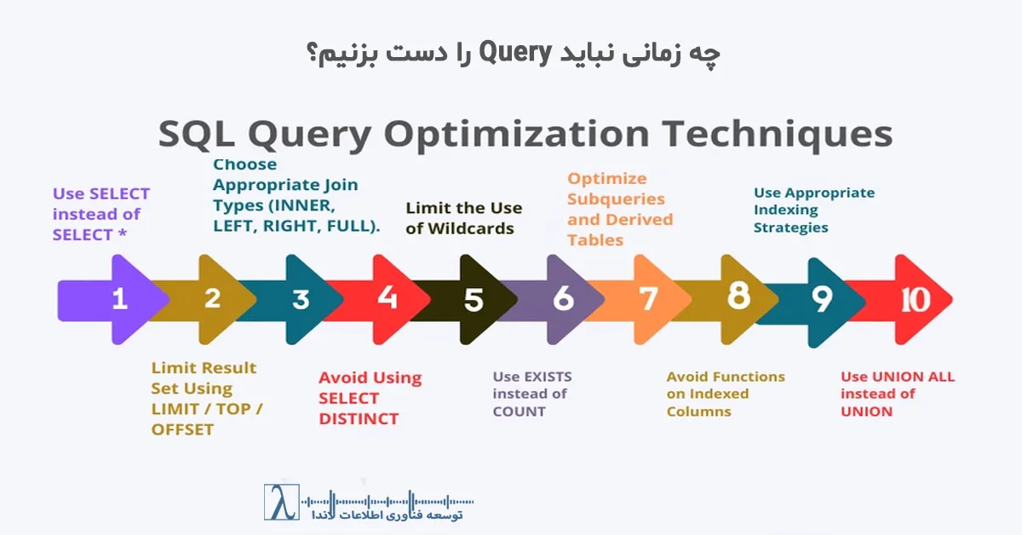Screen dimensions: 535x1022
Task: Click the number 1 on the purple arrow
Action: click(119, 299)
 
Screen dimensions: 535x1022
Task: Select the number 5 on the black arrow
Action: click(474, 300)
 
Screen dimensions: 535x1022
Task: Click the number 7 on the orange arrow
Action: click(649, 299)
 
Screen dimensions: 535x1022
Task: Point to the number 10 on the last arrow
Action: click(916, 299)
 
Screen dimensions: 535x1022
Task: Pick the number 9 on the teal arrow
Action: click(821, 299)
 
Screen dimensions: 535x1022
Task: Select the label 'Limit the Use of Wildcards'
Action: click(463, 218)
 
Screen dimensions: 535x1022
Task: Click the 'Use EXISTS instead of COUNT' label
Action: click(532, 394)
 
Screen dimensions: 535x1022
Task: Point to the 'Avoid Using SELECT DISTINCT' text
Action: click(370, 398)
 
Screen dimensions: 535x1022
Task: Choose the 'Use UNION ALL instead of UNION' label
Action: click(897, 394)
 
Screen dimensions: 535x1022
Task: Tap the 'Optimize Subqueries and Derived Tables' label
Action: click(620, 210)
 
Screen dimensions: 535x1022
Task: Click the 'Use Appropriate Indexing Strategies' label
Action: click(813, 210)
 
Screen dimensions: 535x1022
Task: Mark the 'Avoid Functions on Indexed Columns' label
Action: click(725, 394)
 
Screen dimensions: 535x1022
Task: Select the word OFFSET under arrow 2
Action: click(182, 429)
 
